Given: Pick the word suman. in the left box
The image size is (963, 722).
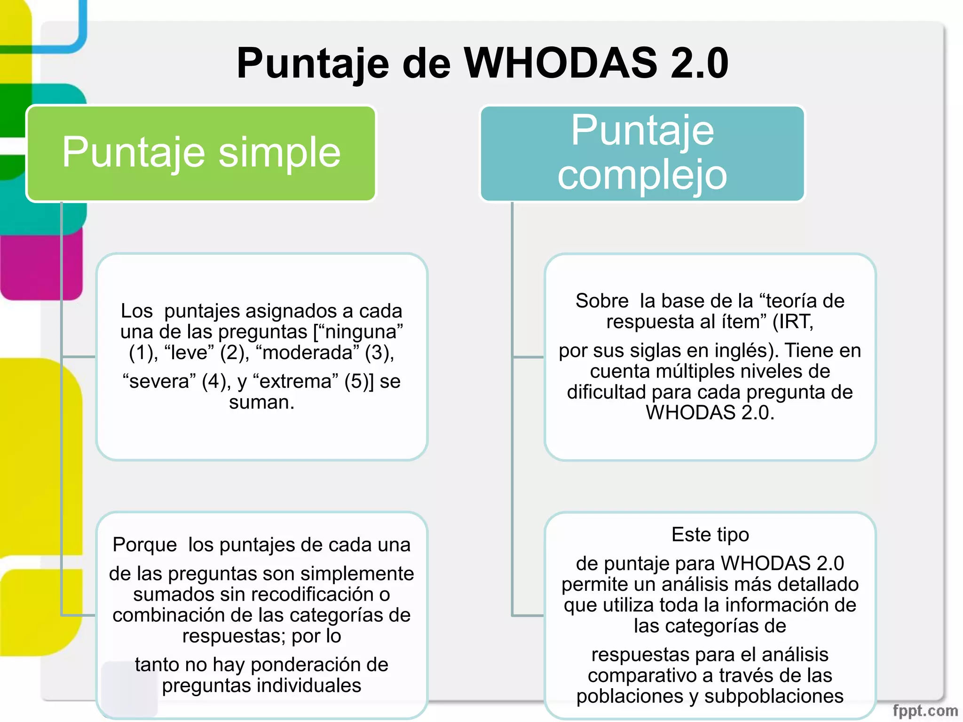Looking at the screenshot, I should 261,402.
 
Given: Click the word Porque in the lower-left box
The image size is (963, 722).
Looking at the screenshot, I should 144,545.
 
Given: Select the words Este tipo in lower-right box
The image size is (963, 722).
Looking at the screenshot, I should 710,535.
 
